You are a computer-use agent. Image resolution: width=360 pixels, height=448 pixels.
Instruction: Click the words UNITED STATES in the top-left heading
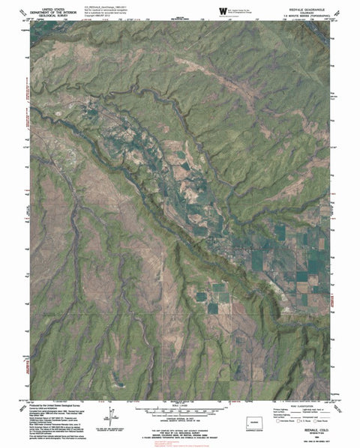[x=52, y=5]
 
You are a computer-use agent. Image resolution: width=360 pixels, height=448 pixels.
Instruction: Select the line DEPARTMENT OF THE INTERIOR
[x=52, y=9]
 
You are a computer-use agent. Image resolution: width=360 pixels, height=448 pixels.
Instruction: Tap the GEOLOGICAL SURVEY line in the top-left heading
[x=52, y=13]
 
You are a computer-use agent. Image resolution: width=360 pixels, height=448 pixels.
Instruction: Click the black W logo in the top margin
[x=224, y=9]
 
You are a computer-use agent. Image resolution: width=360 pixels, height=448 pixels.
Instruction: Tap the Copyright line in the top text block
[x=104, y=14]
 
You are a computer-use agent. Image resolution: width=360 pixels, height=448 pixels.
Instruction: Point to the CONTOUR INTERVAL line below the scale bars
[x=180, y=417]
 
